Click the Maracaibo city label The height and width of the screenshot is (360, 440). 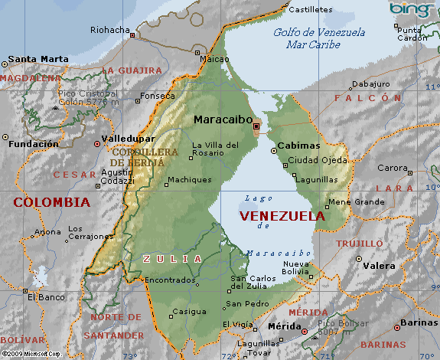coord(222,119)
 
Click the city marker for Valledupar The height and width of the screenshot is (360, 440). coord(96,142)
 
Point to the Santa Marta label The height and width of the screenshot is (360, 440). coord(37,59)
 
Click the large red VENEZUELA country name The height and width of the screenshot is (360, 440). coord(282,216)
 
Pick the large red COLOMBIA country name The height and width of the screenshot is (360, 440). coord(51,202)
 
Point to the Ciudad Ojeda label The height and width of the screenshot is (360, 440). coord(317,161)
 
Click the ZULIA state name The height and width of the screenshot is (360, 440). coord(173,259)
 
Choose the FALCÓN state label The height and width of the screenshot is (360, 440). coord(367,98)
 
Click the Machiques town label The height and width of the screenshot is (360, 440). coord(189,180)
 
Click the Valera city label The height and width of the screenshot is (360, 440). coord(380,266)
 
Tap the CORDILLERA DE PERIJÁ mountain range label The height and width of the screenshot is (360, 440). coord(143,157)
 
